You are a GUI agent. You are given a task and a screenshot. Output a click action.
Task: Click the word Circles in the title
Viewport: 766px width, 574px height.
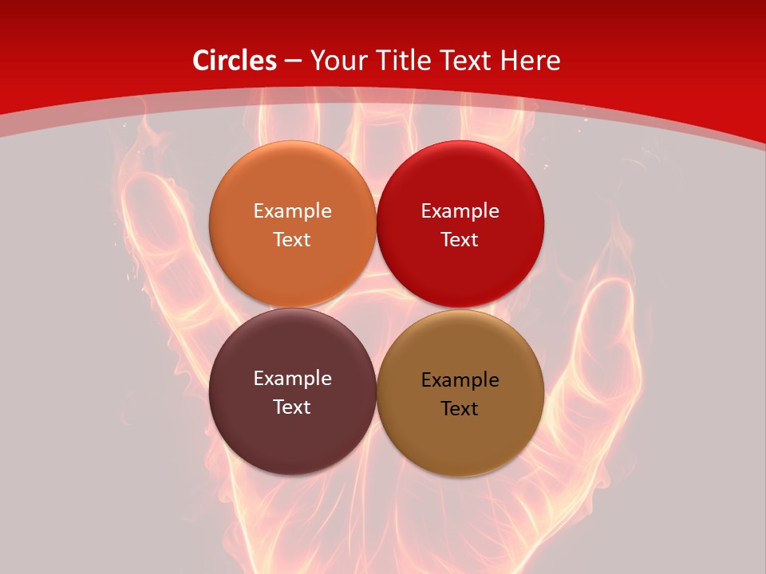[235, 61]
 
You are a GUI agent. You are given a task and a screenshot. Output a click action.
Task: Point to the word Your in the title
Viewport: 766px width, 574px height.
[338, 61]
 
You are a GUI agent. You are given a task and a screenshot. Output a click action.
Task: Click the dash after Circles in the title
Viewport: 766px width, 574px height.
[293, 61]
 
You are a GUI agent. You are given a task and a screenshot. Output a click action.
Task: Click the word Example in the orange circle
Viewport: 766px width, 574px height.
[292, 210]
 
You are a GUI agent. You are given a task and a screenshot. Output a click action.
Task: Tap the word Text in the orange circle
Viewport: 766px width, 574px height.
[292, 239]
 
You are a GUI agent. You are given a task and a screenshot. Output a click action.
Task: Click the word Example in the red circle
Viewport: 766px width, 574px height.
[460, 210]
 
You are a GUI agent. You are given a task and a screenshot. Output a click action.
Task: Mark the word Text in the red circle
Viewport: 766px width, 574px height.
[460, 239]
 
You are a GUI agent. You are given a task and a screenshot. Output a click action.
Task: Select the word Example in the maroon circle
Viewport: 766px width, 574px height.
[292, 378]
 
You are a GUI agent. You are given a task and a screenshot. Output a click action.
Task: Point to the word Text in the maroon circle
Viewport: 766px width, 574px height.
[292, 407]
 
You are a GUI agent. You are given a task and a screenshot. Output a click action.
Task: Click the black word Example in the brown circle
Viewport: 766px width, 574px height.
[460, 379]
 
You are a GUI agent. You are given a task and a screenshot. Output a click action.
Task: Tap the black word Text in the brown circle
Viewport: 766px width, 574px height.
[460, 408]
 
